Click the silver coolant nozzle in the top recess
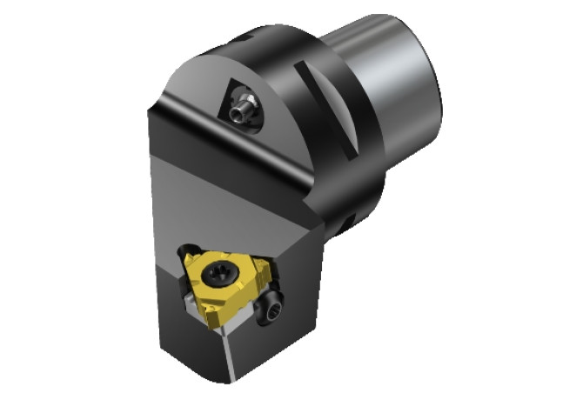pyautogui.click(x=241, y=109)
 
